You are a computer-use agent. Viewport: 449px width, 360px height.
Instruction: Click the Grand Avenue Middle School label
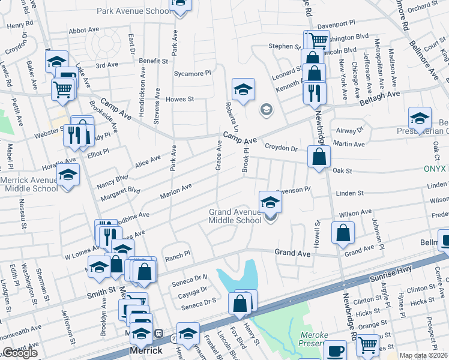tap(235, 216)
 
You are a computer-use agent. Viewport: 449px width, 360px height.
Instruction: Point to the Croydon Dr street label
tap(282, 148)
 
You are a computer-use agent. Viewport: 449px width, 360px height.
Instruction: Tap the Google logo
tap(20, 353)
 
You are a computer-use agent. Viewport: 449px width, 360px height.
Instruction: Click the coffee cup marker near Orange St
tap(335, 350)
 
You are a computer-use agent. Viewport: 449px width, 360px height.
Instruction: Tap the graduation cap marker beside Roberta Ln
tap(243, 89)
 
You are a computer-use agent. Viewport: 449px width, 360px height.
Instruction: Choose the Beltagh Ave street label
tap(379, 95)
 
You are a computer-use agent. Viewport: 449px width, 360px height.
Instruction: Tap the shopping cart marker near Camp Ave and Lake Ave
tap(62, 89)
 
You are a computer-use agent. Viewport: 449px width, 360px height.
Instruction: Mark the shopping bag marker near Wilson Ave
tap(342, 233)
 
